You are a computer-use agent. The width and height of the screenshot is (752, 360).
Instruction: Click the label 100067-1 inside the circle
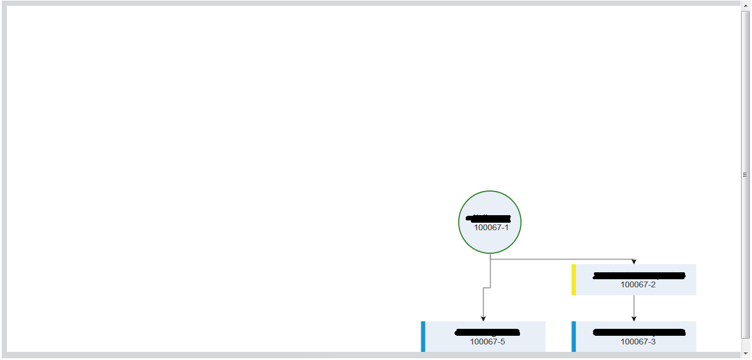pyautogui.click(x=491, y=227)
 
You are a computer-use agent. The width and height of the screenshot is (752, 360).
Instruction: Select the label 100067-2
pyautogui.click(x=638, y=284)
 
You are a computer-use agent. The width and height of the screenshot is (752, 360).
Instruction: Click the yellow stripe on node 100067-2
pyautogui.click(x=574, y=280)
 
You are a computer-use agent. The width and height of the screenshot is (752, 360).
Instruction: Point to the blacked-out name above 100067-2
pyautogui.click(x=639, y=275)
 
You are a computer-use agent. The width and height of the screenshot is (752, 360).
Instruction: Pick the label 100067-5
pyautogui.click(x=487, y=342)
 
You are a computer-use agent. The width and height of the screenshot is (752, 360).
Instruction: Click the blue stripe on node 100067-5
pyautogui.click(x=423, y=336)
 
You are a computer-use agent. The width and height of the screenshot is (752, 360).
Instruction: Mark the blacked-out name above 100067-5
pyautogui.click(x=487, y=332)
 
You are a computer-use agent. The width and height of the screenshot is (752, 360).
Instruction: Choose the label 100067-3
pyautogui.click(x=638, y=342)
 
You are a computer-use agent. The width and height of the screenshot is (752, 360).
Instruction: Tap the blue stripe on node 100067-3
pyautogui.click(x=574, y=336)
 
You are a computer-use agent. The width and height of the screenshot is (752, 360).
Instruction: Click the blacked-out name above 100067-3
pyautogui.click(x=639, y=332)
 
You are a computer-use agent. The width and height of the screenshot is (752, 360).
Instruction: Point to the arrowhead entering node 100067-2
pyautogui.click(x=634, y=262)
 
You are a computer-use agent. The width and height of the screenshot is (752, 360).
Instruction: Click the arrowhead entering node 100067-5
pyautogui.click(x=483, y=318)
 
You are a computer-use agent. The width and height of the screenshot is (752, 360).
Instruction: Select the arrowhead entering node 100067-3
pyautogui.click(x=634, y=318)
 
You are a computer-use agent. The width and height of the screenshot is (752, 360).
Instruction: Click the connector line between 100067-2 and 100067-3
pyautogui.click(x=634, y=306)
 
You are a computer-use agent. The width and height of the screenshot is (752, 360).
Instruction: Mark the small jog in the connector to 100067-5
pyautogui.click(x=487, y=287)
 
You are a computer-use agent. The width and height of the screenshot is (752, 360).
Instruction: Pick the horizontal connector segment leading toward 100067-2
pyautogui.click(x=563, y=259)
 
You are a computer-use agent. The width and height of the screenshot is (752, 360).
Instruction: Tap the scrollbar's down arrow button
pyautogui.click(x=745, y=354)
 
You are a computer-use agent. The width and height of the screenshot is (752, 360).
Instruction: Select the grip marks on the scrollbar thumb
pyautogui.click(x=745, y=175)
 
